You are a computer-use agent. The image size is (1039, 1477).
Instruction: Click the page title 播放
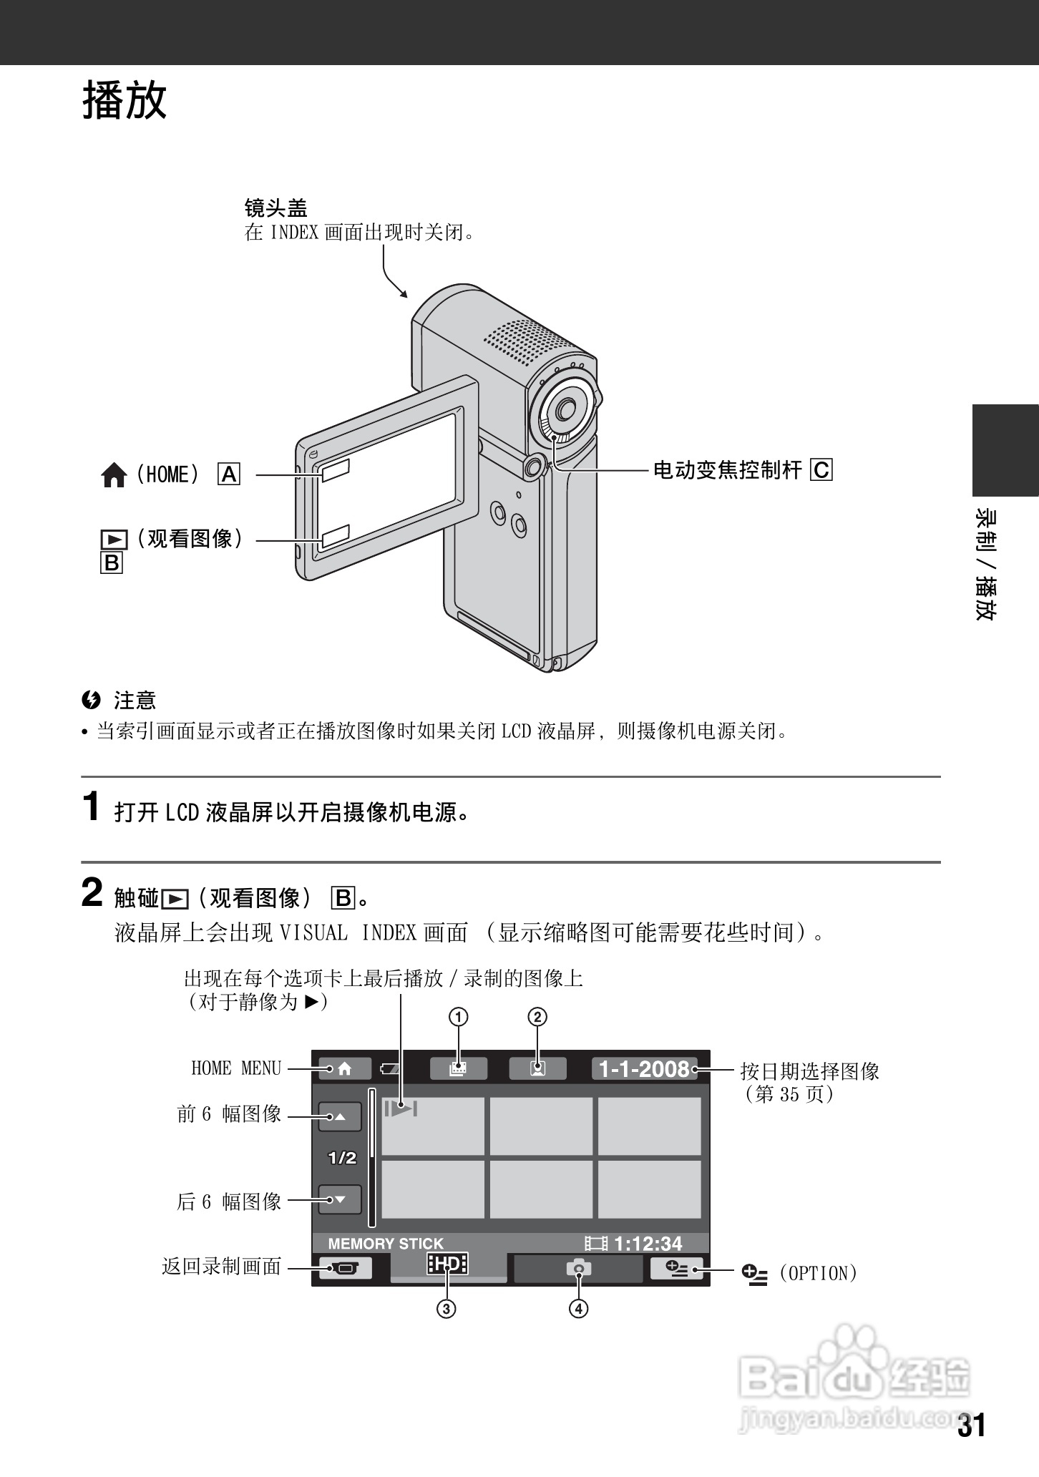(x=125, y=99)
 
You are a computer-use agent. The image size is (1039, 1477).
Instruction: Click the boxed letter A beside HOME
(x=229, y=474)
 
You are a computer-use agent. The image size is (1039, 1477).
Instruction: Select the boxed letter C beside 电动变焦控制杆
(x=821, y=470)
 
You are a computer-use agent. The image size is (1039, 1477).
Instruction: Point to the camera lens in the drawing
(x=564, y=409)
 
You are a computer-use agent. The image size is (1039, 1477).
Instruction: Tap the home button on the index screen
(x=344, y=1068)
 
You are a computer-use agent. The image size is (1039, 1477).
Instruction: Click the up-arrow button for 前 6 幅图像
(x=339, y=1116)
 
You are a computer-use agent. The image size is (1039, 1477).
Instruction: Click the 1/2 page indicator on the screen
(x=341, y=1158)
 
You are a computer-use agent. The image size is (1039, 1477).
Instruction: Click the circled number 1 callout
(x=458, y=1017)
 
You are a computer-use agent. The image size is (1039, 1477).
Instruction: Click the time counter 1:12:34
(x=648, y=1244)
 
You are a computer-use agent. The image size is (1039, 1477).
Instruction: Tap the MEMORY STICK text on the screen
(x=385, y=1244)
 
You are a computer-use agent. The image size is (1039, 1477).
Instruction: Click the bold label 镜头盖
(x=275, y=208)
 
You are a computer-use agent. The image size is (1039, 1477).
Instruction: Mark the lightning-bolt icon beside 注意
(x=91, y=700)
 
